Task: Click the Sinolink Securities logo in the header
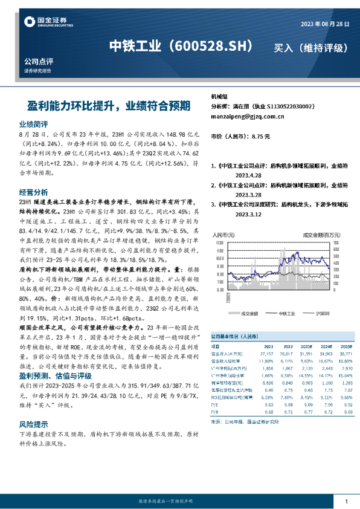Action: (x=48, y=23)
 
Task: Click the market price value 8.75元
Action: (x=261, y=137)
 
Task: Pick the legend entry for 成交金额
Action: (x=249, y=313)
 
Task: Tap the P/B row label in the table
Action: (x=214, y=412)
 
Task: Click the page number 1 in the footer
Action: (x=346, y=501)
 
